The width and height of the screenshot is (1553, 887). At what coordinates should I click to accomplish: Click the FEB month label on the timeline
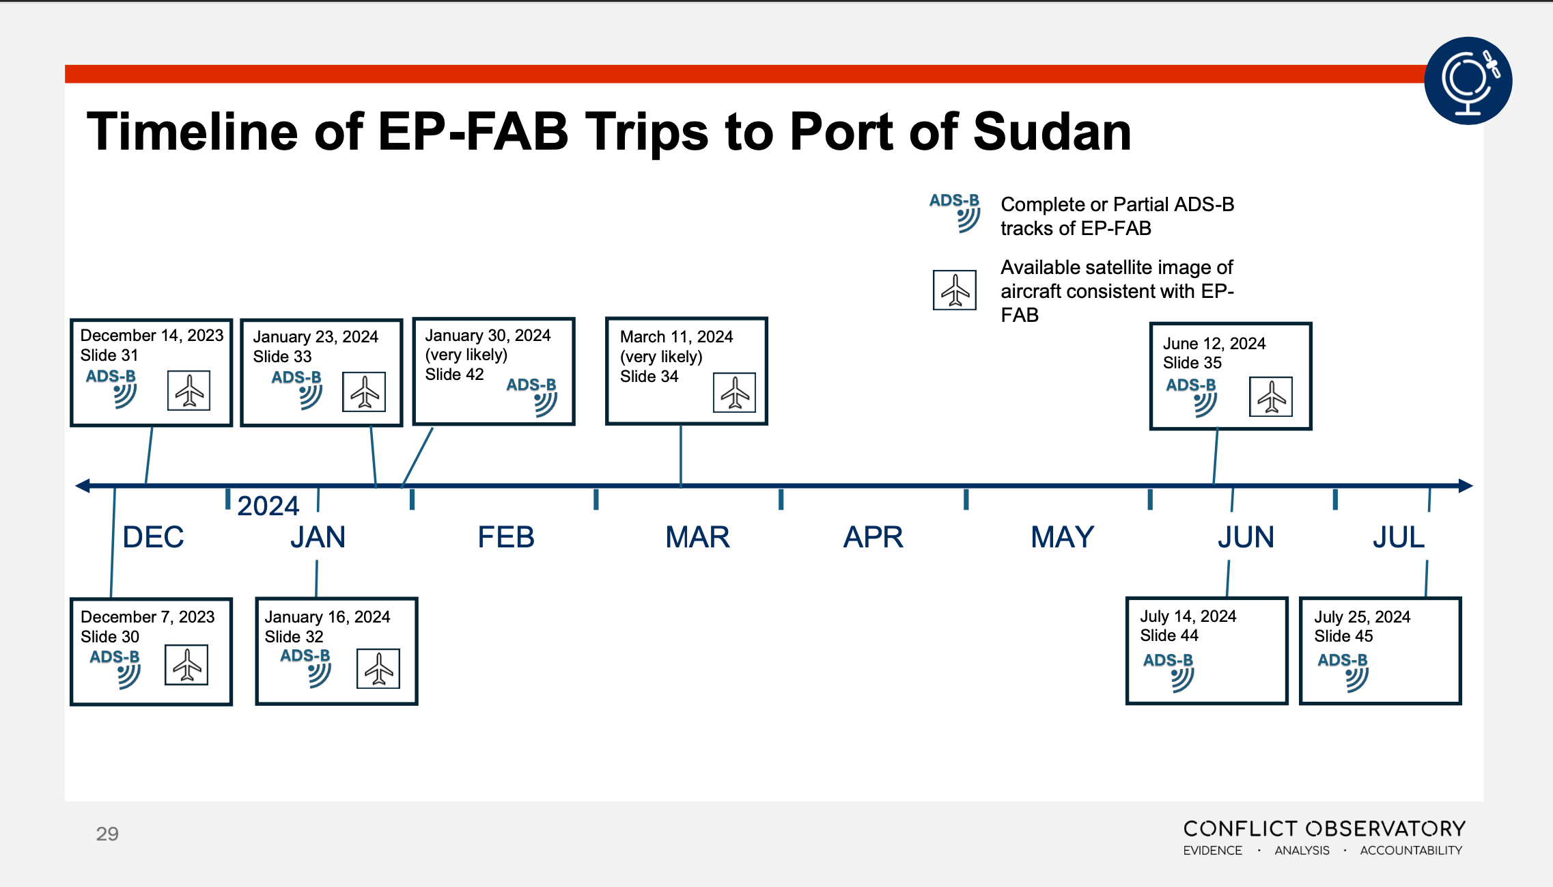506,537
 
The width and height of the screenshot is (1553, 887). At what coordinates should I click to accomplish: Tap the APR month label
873,537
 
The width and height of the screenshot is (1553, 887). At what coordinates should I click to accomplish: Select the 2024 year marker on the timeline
268,506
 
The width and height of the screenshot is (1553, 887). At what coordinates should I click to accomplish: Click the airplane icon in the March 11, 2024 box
734,392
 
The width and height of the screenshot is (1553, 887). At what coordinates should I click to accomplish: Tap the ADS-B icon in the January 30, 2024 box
532,396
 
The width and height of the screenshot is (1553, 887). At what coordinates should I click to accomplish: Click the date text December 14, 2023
152,336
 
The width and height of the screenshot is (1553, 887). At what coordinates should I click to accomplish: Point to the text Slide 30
110,637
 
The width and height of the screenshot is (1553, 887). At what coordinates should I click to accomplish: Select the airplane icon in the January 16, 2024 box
378,668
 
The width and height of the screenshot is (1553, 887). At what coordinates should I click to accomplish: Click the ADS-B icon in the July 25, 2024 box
1343,672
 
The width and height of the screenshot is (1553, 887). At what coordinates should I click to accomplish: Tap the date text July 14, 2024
1188,616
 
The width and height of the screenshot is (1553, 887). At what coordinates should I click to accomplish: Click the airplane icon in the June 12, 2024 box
1271,396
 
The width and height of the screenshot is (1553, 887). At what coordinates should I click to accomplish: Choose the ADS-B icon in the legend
955,213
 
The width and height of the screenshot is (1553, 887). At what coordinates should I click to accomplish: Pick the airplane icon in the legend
955,290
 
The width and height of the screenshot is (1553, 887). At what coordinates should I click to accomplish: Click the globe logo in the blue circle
1468,81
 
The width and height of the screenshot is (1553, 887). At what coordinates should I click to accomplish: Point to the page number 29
107,834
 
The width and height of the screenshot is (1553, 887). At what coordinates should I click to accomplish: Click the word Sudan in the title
1052,131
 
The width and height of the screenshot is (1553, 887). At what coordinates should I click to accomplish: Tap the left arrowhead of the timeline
83,486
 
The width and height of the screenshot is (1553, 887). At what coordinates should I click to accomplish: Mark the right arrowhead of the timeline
1466,486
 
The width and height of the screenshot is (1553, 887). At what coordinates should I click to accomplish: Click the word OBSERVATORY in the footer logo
1386,829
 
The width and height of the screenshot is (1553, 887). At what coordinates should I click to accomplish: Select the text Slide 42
454,374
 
